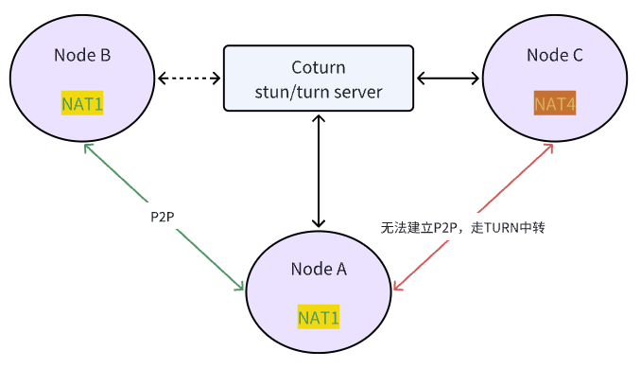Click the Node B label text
pyautogui.click(x=83, y=55)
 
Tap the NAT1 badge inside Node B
pyautogui.click(x=82, y=103)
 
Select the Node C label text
pyautogui.click(x=555, y=55)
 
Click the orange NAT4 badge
pyautogui.click(x=555, y=103)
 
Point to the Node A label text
pyautogui.click(x=319, y=269)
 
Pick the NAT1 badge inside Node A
pyautogui.click(x=319, y=317)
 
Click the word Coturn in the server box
pyautogui.click(x=319, y=68)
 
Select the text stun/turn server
pyautogui.click(x=319, y=91)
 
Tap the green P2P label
pyautogui.click(x=163, y=217)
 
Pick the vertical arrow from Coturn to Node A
pyautogui.click(x=319, y=170)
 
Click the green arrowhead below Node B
pyautogui.click(x=87, y=149)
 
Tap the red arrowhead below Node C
pyautogui.click(x=548, y=149)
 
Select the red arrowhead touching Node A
pyautogui.click(x=398, y=284)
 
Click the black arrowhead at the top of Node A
pyautogui.click(x=319, y=223)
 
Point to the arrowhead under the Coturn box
pyautogui.click(x=319, y=118)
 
